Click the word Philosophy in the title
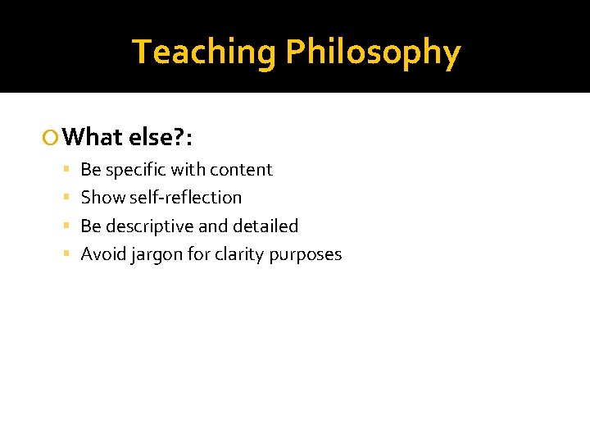pos(373,53)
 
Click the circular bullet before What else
pos(53,137)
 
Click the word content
pos(241,170)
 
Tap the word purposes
pos(306,255)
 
